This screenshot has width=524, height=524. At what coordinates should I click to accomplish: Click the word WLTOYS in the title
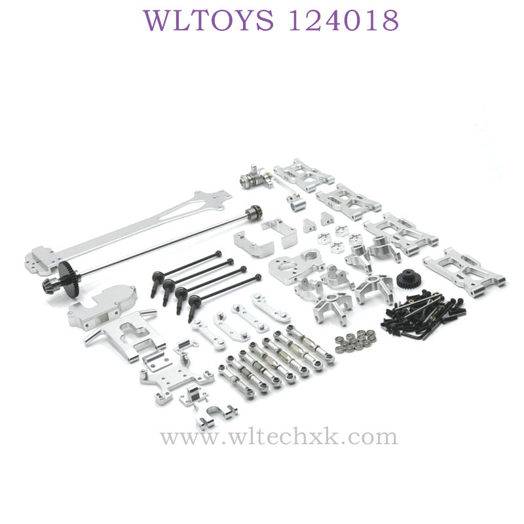(208, 20)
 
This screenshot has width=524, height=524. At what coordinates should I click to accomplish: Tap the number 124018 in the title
(343, 20)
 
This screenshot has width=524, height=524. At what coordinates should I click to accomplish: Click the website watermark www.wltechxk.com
(279, 437)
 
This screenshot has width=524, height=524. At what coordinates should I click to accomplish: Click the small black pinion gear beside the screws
(407, 280)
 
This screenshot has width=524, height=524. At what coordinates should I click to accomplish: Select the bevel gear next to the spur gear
(50, 285)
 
